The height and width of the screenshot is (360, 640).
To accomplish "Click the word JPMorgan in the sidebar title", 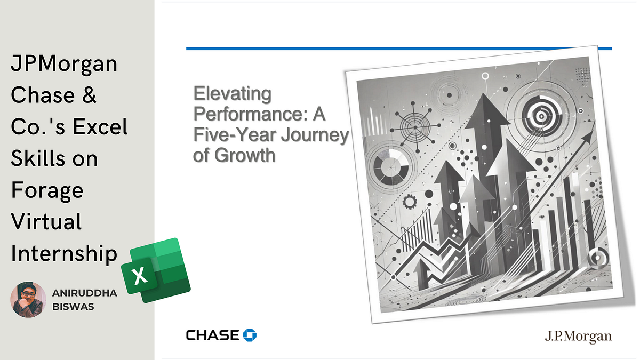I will point(64,64).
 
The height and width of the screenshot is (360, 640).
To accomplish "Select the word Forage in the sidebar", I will point(47,190).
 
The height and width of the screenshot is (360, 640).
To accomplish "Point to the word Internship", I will point(64,253).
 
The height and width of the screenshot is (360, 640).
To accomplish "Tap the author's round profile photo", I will point(28,300).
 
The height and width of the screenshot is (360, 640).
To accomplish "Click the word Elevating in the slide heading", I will point(232,94).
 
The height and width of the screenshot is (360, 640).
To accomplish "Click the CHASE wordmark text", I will point(212,335).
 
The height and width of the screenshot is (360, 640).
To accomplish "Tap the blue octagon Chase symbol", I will point(250,335).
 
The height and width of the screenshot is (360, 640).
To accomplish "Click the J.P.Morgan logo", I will point(578,337).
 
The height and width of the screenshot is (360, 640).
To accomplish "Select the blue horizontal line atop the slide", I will point(398,49).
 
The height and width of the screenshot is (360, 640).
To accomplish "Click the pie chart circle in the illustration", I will point(391,167).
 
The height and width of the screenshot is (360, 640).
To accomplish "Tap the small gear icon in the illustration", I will point(410,202).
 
